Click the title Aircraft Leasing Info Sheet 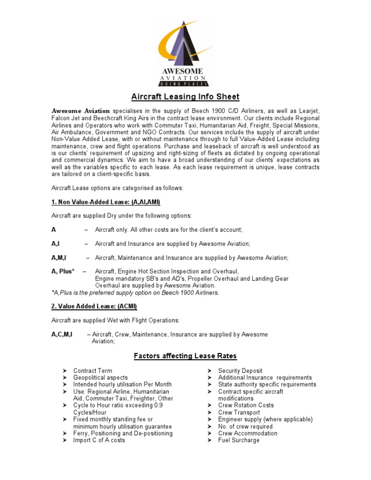pos(185,97)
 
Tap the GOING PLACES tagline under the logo pos(185,84)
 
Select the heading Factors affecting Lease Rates pos(185,356)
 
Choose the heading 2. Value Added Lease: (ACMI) pos(94,306)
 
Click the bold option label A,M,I pos(59,258)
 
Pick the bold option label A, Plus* pos(63,271)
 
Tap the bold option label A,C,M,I pos(62,334)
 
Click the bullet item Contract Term pos(92,371)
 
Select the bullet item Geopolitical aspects pos(100,378)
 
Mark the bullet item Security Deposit pos(240,371)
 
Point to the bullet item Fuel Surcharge pos(239,440)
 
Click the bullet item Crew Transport pos(239,412)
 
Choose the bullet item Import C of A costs pos(99,440)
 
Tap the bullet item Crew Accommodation pos(247,433)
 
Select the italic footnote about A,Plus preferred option pos(135,292)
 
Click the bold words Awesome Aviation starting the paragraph pos(81,111)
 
